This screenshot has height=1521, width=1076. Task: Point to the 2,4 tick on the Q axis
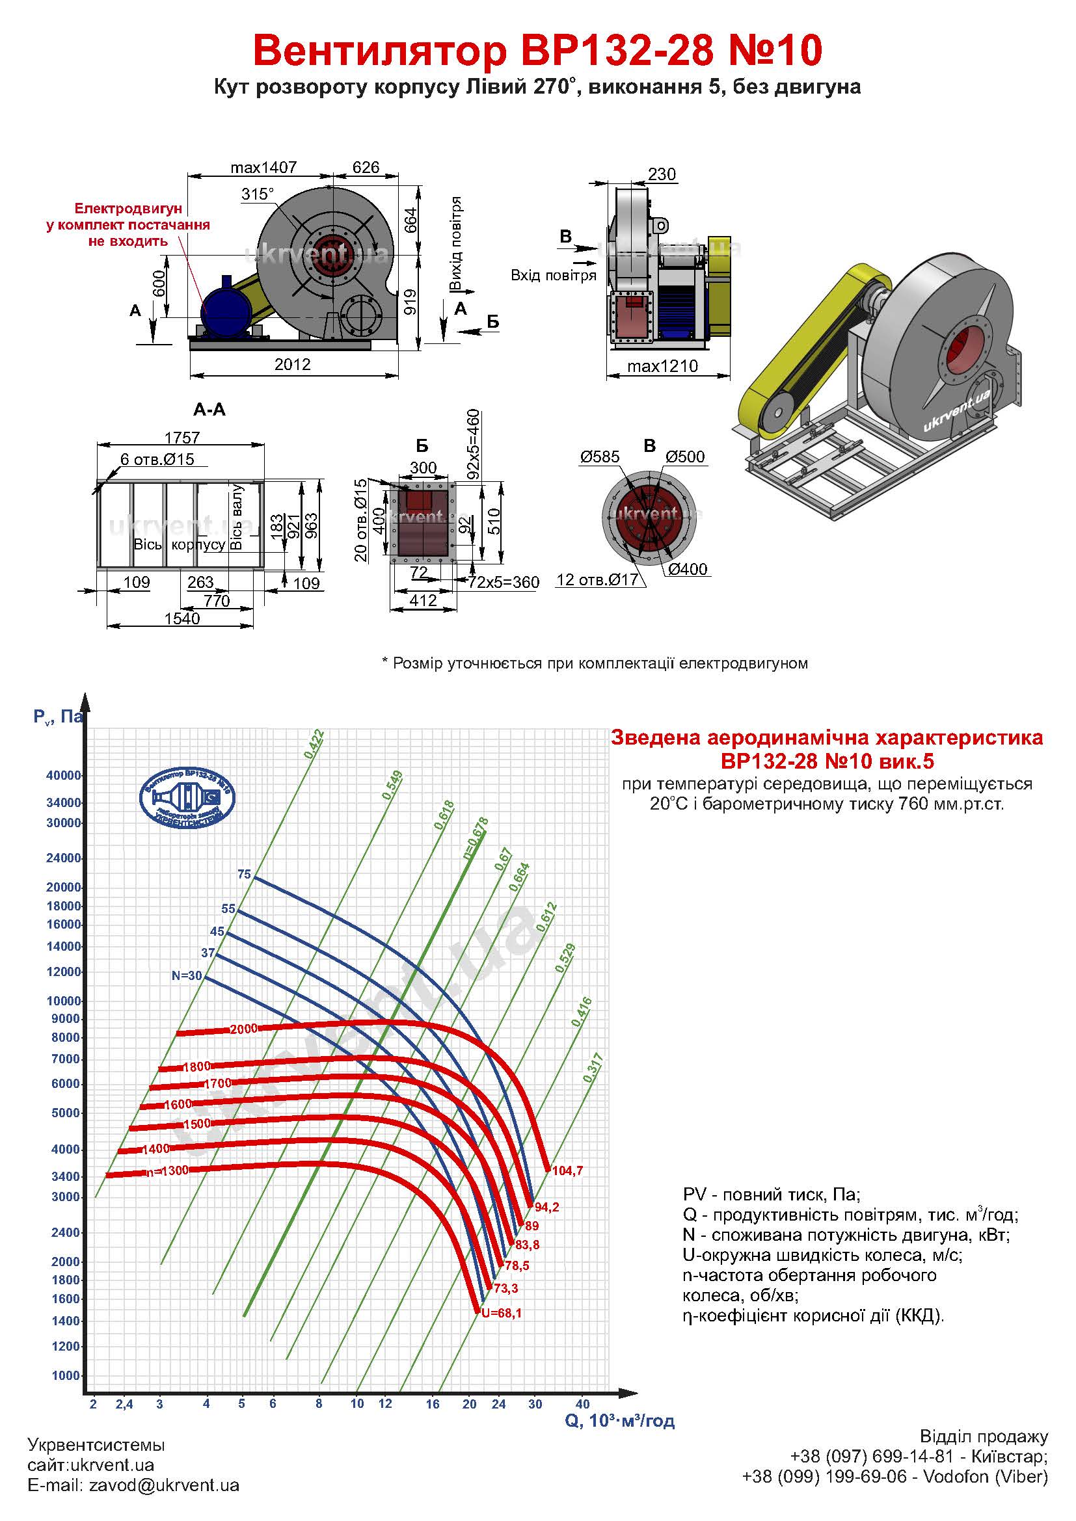(x=124, y=1404)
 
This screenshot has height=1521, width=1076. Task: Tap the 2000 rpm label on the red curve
(x=243, y=1029)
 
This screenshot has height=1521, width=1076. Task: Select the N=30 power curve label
(x=186, y=976)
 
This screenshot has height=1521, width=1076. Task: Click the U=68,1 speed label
(x=502, y=1312)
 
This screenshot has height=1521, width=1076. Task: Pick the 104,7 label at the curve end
(x=567, y=1171)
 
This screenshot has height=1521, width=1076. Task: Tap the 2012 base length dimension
(x=292, y=364)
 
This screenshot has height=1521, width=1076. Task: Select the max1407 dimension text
(x=263, y=168)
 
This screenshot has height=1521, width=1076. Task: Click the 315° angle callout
(x=258, y=194)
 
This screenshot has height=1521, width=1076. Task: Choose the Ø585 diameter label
(x=600, y=456)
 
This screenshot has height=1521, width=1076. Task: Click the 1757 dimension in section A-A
(x=182, y=438)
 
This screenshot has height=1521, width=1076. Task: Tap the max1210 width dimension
(x=662, y=366)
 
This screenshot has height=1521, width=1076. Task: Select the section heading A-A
(x=209, y=410)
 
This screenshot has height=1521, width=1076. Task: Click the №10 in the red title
(x=775, y=50)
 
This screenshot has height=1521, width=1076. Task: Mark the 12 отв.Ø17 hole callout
(x=598, y=579)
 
